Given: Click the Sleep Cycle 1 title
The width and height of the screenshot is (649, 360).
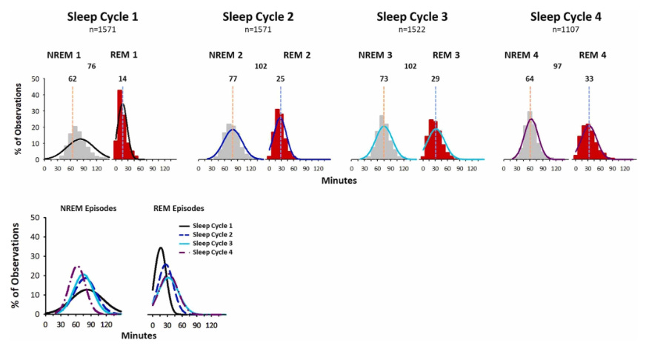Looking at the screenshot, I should pos(102,16).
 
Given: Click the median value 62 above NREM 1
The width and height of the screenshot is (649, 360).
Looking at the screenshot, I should pos(72,78).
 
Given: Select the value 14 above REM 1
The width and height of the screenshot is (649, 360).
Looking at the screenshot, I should pos(122,78).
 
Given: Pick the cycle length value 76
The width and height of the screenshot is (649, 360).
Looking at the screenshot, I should pos(92,66).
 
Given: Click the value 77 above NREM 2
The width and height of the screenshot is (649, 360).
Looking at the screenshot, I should pos(232,78).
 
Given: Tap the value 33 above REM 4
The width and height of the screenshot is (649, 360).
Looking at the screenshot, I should pos(589,78).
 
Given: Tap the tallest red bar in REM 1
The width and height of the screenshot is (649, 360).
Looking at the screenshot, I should pos(119,124).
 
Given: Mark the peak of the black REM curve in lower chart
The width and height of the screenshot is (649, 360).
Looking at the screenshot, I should pos(160,247).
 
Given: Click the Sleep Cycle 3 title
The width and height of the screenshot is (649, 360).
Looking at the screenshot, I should pos(412,16).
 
